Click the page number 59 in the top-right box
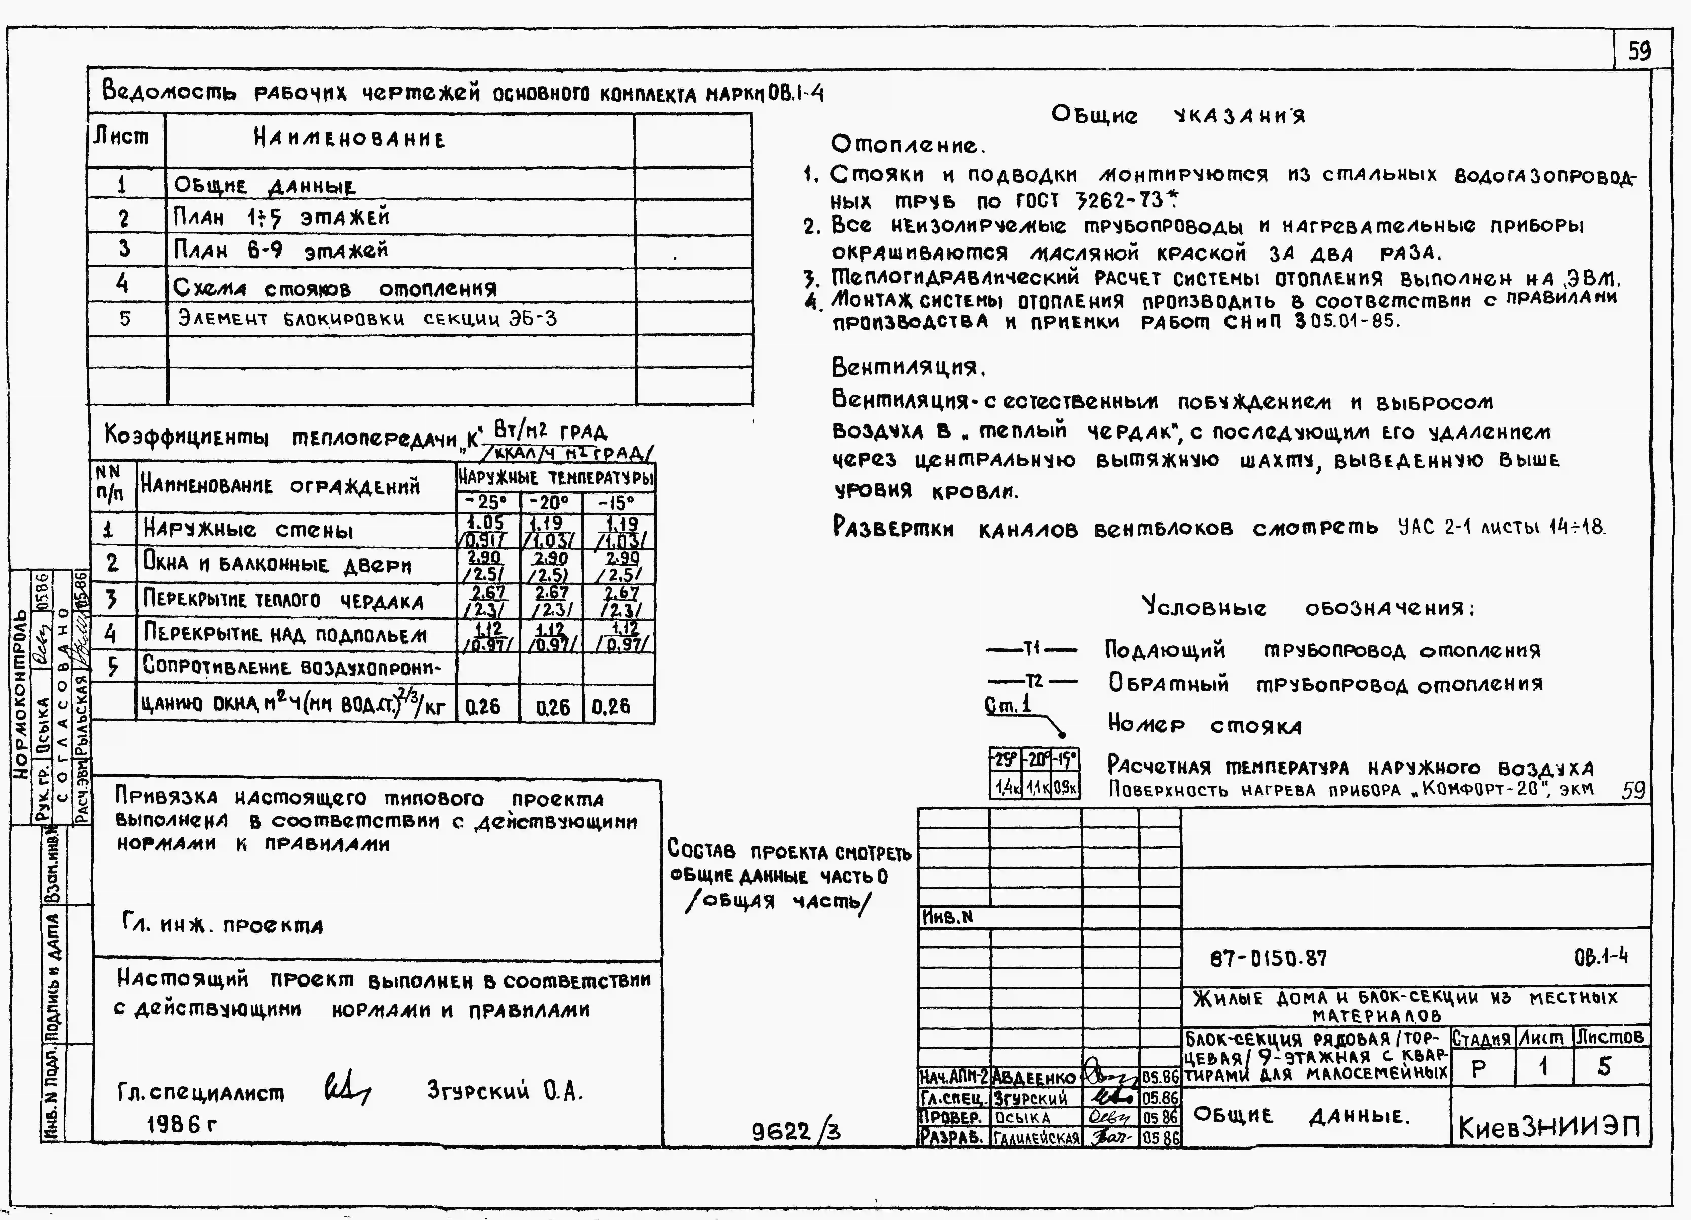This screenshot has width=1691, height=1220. point(1639,51)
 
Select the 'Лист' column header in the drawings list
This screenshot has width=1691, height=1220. point(121,137)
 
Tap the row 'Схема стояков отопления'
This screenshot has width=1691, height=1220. point(334,288)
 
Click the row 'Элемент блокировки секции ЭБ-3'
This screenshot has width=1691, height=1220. point(367,319)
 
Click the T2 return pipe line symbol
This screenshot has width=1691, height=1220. point(1031,682)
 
